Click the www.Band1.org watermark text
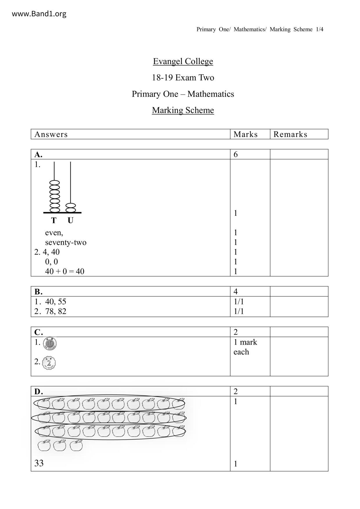pyautogui.click(x=39, y=14)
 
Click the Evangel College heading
pyautogui.click(x=183, y=61)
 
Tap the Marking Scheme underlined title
pyautogui.click(x=183, y=110)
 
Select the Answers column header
pyautogui.click(x=51, y=134)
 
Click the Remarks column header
pyautogui.click(x=290, y=134)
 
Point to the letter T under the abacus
pyautogui.click(x=54, y=221)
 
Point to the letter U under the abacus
pyautogui.click(x=71, y=221)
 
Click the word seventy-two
pyautogui.click(x=66, y=242)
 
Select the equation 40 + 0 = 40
pyautogui.click(x=64, y=271)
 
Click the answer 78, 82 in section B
pyautogui.click(x=55, y=311)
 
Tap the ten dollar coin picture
pyautogui.click(x=50, y=344)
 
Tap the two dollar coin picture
pyautogui.click(x=49, y=363)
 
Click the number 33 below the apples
pyautogui.click(x=39, y=463)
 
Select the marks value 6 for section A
pyautogui.click(x=236, y=154)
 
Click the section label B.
pyautogui.click(x=38, y=291)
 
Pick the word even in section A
pyautogui.click(x=54, y=233)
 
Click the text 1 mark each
pyautogui.click(x=245, y=347)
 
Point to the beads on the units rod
pyautogui.click(x=71, y=208)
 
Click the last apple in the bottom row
pyautogui.click(x=76, y=445)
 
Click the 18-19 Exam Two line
pyautogui.click(x=183, y=78)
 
